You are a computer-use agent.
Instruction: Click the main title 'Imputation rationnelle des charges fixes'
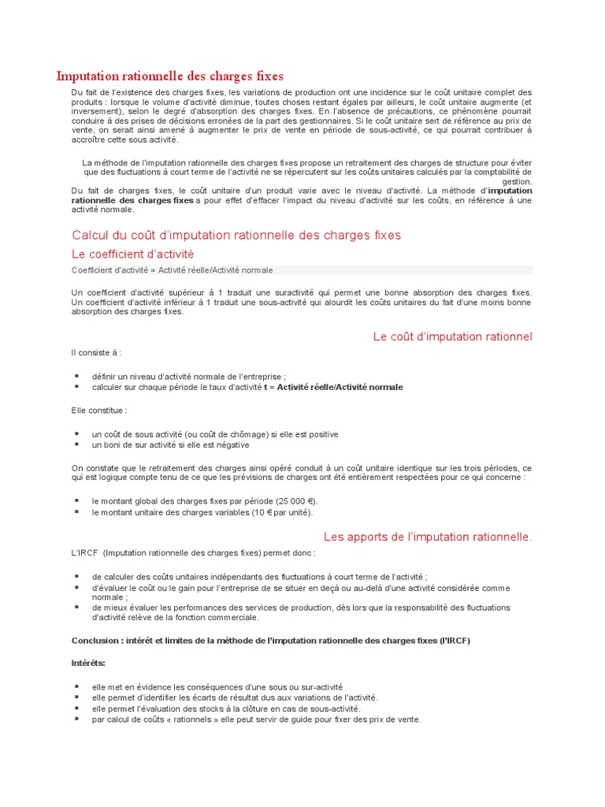[x=169, y=76]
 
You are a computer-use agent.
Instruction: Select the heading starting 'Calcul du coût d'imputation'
[x=236, y=235]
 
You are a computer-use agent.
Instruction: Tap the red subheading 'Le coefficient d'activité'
[x=132, y=254]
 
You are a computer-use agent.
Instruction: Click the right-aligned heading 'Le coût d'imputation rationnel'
[x=452, y=337]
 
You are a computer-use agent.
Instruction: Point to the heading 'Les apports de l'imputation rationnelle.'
[x=428, y=537]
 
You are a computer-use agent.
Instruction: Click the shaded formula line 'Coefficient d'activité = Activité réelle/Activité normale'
[x=173, y=270]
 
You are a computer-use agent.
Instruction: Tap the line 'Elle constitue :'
[x=99, y=410]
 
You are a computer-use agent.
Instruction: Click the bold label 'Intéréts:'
[x=88, y=664]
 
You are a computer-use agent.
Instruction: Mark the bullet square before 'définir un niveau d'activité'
[x=77, y=377]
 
